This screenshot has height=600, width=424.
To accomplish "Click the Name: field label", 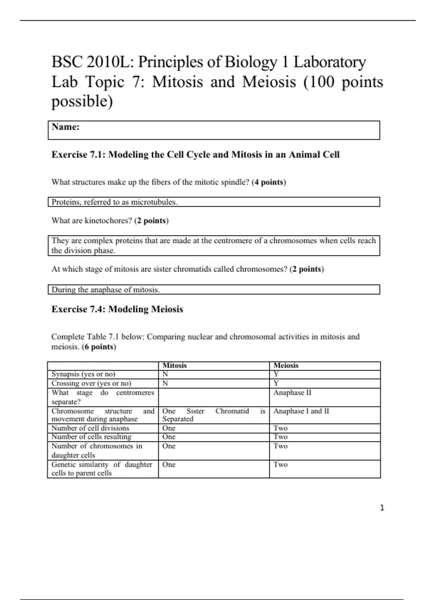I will coord(66,127).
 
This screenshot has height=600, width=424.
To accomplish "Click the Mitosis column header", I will coord(175,366).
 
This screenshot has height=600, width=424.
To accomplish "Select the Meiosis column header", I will coord(286,366).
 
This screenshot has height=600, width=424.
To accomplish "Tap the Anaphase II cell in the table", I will coord(292,393).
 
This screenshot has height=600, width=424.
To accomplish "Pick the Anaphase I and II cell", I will coord(301,411).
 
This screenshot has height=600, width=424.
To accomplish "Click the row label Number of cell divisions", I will coord(90,428).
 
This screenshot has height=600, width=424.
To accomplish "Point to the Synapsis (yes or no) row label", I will coord(83,374).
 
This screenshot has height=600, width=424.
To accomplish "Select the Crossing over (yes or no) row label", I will coord(91,383).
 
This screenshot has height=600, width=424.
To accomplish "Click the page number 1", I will coord(382,508).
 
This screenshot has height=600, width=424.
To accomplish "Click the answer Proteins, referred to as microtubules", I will coord(114,202).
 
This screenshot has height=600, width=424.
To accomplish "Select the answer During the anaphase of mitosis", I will coord(106,290).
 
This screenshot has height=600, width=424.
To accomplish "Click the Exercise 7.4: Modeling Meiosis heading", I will coord(117,309).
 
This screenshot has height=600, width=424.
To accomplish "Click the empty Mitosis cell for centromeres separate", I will coord(214,397).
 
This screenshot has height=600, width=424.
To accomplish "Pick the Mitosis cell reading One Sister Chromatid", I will coord(213,415).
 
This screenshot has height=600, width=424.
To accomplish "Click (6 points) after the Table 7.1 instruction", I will coord(99,347).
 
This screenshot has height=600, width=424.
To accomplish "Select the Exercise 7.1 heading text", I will coord(195,155).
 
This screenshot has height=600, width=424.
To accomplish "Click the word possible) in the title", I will coord(82,102).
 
